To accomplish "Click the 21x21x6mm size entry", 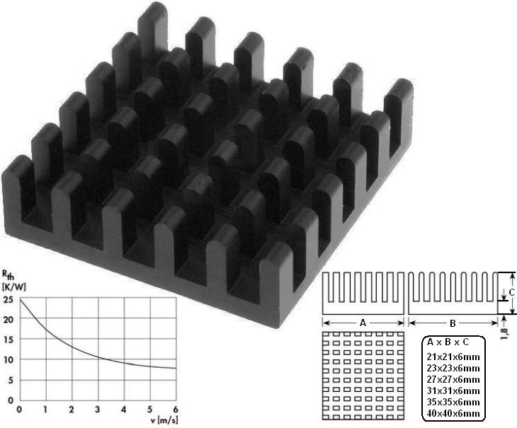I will click(453, 357).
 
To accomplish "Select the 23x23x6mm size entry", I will click(453, 368).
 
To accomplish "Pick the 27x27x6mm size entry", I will click(453, 379).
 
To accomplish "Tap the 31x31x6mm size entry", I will click(453, 391).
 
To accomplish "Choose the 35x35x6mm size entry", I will click(453, 402).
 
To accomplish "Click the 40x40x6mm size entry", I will click(453, 413).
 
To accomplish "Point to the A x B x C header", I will click(453, 342).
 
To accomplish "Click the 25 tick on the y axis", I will click(8, 300).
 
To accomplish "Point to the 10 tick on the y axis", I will click(8, 360).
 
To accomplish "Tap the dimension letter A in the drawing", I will click(363, 322).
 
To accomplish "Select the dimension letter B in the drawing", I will click(453, 322).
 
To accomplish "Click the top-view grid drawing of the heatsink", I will click(363, 375).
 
